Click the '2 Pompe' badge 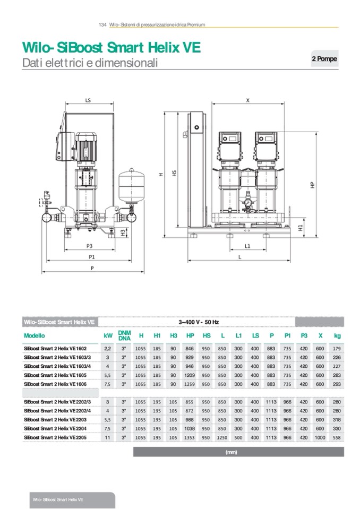coord(324,59)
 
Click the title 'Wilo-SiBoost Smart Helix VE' coord(112,48)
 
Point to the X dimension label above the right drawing coord(247,99)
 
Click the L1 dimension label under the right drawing coord(247,246)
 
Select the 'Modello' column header coord(35,335)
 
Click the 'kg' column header coord(337,335)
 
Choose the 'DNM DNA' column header coord(124,335)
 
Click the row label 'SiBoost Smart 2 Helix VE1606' coord(55,383)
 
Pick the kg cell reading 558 coord(337,437)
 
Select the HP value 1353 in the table coord(190,437)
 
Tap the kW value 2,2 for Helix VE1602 coord(108,348)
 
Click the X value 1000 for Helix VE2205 coord(320,437)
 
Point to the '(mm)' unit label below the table coord(231,452)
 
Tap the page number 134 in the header coord(103,25)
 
